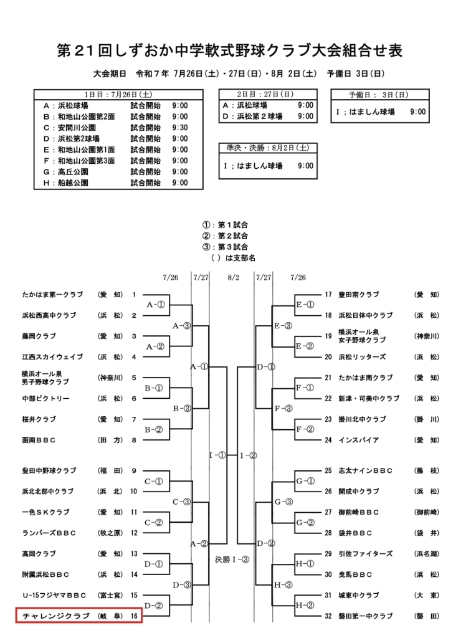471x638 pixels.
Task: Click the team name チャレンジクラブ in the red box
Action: (55, 616)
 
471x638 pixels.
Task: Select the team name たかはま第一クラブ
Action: (52, 295)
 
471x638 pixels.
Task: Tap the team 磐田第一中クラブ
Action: (366, 616)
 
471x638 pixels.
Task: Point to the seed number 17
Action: (328, 295)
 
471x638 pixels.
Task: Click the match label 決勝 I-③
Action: (232, 560)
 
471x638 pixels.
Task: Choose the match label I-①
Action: (217, 455)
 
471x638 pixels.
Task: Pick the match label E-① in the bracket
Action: (305, 304)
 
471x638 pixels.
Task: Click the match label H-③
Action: (283, 585)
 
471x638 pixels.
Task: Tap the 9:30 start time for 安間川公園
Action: (180, 128)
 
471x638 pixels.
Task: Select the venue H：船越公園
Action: (66, 183)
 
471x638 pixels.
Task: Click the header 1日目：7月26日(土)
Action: (118, 95)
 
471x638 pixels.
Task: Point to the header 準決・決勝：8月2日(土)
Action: (268, 148)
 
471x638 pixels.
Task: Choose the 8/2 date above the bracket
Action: (234, 277)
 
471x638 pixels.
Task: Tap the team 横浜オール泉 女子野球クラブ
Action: (362, 336)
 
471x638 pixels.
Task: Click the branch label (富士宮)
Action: (110, 595)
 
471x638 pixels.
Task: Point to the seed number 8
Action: (134, 440)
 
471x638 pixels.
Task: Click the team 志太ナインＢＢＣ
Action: (366, 471)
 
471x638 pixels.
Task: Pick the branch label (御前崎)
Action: (427, 512)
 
